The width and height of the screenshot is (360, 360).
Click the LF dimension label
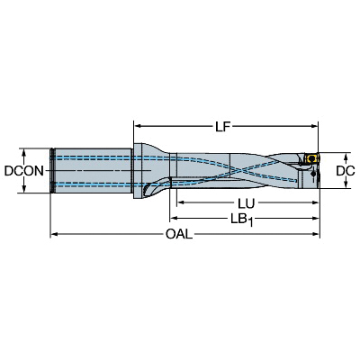click(x=222, y=127)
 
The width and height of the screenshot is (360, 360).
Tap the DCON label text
click(x=24, y=171)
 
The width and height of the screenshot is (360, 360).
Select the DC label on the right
click(x=346, y=171)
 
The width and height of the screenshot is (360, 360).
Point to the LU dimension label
click(x=247, y=203)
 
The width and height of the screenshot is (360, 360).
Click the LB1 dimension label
click(x=242, y=220)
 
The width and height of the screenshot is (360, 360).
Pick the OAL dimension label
click(x=179, y=234)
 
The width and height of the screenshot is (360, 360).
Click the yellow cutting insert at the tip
click(x=310, y=157)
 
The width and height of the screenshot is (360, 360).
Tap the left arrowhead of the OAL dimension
click(x=54, y=234)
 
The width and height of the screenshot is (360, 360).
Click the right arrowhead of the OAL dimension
click(x=316, y=234)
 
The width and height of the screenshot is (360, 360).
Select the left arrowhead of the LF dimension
click(x=138, y=126)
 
